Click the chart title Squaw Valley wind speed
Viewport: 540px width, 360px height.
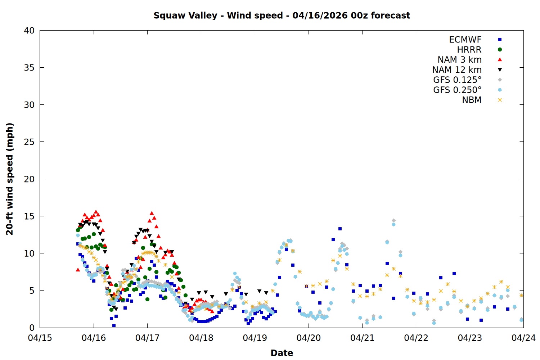click(282, 15)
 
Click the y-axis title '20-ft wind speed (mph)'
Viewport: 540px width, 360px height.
click(10, 179)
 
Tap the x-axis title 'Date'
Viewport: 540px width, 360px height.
click(282, 353)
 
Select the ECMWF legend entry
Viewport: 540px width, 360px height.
click(465, 40)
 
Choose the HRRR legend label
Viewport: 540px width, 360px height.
click(469, 50)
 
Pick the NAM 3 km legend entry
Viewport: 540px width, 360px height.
click(459, 60)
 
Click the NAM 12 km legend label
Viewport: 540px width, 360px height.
click(457, 70)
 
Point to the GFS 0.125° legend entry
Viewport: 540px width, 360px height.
click(457, 80)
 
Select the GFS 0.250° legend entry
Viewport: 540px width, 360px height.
click(457, 90)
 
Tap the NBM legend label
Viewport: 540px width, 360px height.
click(472, 100)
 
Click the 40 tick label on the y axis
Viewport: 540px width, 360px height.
click(29, 31)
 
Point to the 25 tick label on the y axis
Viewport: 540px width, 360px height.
click(29, 142)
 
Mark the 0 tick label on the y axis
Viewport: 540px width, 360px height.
click(32, 328)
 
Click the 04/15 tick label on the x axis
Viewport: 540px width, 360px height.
click(40, 338)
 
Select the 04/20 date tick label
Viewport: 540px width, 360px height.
click(309, 338)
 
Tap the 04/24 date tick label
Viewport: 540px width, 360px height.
click(523, 338)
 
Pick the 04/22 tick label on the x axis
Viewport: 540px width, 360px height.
click(416, 338)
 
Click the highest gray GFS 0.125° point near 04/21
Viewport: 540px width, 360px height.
click(393, 221)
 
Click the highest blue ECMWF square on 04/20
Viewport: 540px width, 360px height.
click(340, 229)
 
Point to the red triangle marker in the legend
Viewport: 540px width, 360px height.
click(500, 60)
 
